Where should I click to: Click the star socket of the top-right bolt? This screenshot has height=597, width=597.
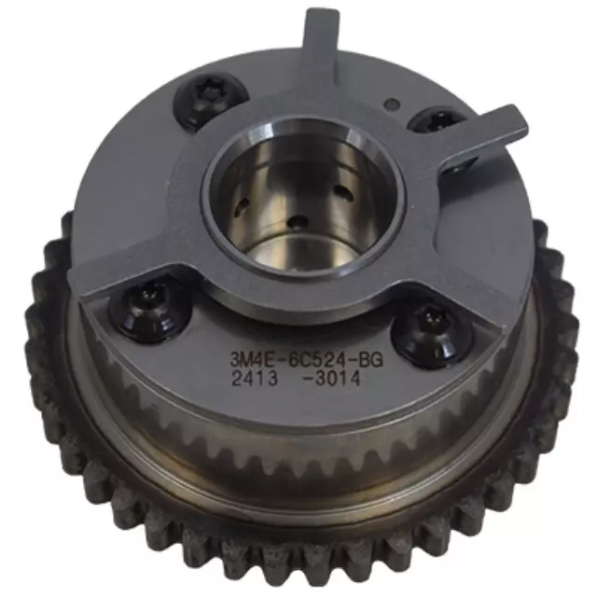(433, 120)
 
